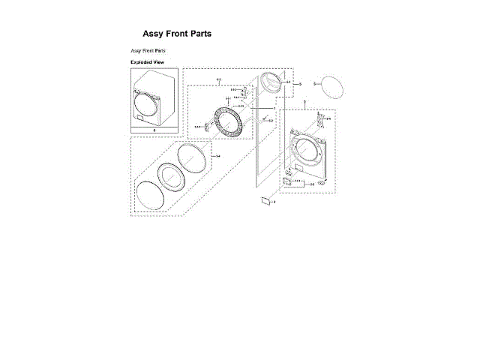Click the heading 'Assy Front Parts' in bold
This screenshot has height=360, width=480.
tap(177, 34)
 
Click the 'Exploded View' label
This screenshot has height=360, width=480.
tap(147, 61)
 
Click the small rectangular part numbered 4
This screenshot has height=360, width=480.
tap(265, 200)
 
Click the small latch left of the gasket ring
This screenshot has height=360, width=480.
tap(208, 126)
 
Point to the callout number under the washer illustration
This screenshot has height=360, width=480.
tap(154, 130)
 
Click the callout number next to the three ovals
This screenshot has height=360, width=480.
tap(217, 156)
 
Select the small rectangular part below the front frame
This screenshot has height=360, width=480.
tap(287, 179)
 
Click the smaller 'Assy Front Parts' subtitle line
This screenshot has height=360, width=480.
tap(148, 50)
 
